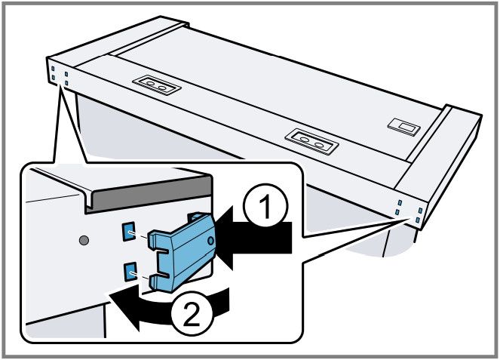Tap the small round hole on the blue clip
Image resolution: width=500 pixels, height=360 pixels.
209,242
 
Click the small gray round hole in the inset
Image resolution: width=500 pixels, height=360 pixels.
84,240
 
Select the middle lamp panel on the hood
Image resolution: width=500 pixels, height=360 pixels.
311,140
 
